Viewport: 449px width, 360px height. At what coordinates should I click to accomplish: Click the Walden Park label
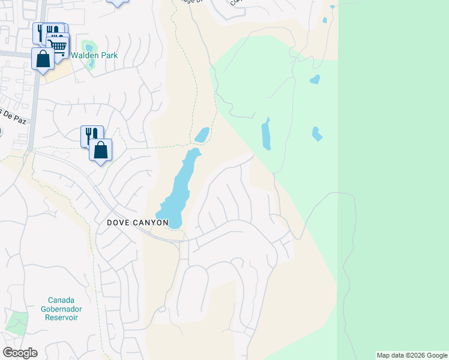94,55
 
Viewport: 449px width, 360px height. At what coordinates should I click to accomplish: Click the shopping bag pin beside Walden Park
43,59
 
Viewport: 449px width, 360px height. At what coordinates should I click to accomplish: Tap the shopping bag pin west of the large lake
101,151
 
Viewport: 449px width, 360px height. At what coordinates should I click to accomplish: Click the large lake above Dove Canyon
179,189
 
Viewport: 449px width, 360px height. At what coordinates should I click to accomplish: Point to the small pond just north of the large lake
202,135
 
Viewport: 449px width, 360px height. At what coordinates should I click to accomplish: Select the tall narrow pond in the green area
266,134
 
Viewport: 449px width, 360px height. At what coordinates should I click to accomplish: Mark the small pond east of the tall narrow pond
317,133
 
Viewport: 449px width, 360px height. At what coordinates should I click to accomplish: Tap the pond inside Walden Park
89,47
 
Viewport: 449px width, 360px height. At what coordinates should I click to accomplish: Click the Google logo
20,353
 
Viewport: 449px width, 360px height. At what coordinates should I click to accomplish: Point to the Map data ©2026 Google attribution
412,355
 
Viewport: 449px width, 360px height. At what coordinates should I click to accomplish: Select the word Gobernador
65,308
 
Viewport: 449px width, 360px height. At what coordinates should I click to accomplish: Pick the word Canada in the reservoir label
65,300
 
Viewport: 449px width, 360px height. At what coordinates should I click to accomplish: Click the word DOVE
118,222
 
